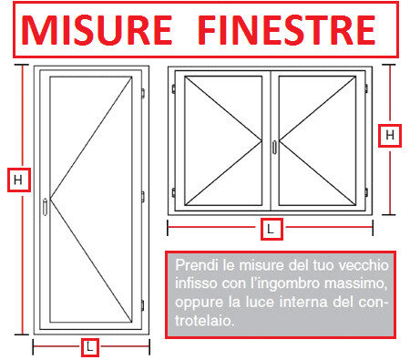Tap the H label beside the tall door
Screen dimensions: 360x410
(17, 180)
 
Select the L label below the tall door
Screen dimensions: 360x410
(89, 346)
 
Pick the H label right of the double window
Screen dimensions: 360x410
(390, 135)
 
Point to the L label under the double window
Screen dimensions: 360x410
(270, 229)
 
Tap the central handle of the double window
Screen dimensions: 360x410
(273, 145)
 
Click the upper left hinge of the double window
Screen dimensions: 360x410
(173, 88)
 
